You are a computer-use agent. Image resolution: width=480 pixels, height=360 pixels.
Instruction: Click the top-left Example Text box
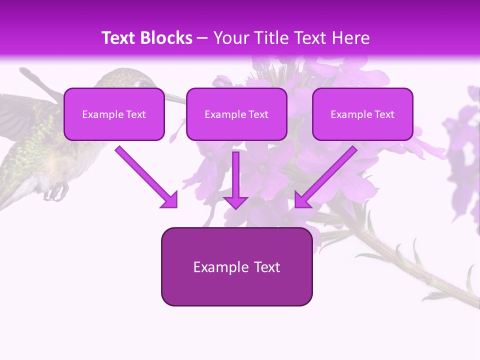(114, 114)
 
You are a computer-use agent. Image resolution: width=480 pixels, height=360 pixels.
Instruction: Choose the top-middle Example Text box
(236, 114)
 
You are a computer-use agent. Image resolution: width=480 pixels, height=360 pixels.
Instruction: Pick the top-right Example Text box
(362, 114)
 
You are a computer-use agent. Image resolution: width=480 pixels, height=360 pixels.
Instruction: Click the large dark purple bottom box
(236, 266)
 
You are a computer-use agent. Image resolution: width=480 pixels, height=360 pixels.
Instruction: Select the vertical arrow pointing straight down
(235, 180)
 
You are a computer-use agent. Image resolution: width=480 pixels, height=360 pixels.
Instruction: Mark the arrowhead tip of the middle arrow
(235, 208)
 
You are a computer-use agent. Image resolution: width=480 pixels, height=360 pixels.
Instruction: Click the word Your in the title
(229, 38)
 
